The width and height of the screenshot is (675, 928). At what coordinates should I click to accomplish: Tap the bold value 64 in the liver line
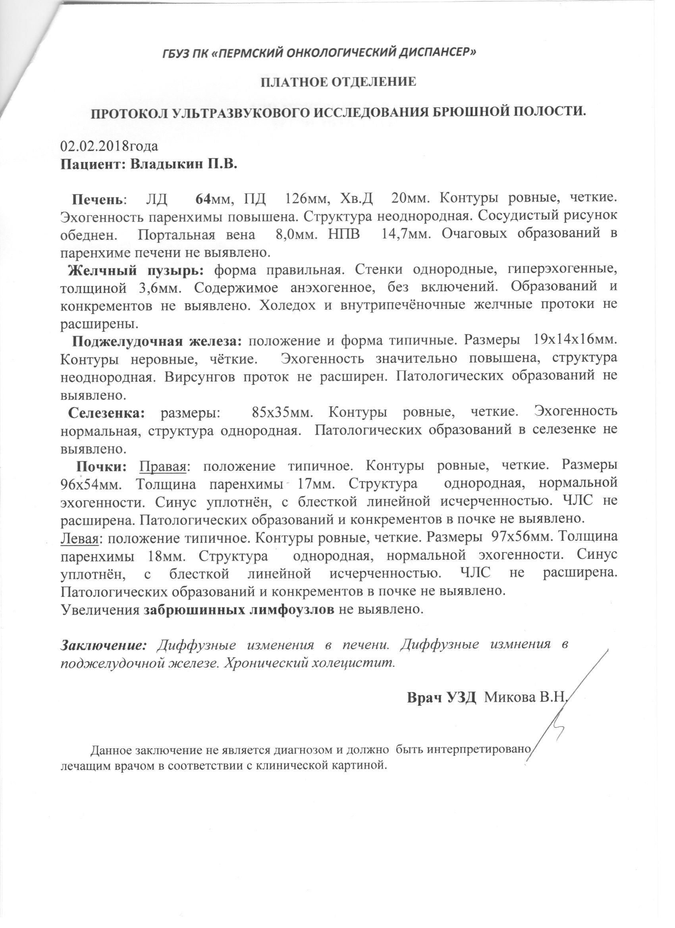click(202, 199)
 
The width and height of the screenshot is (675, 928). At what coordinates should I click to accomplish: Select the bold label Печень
click(97, 200)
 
